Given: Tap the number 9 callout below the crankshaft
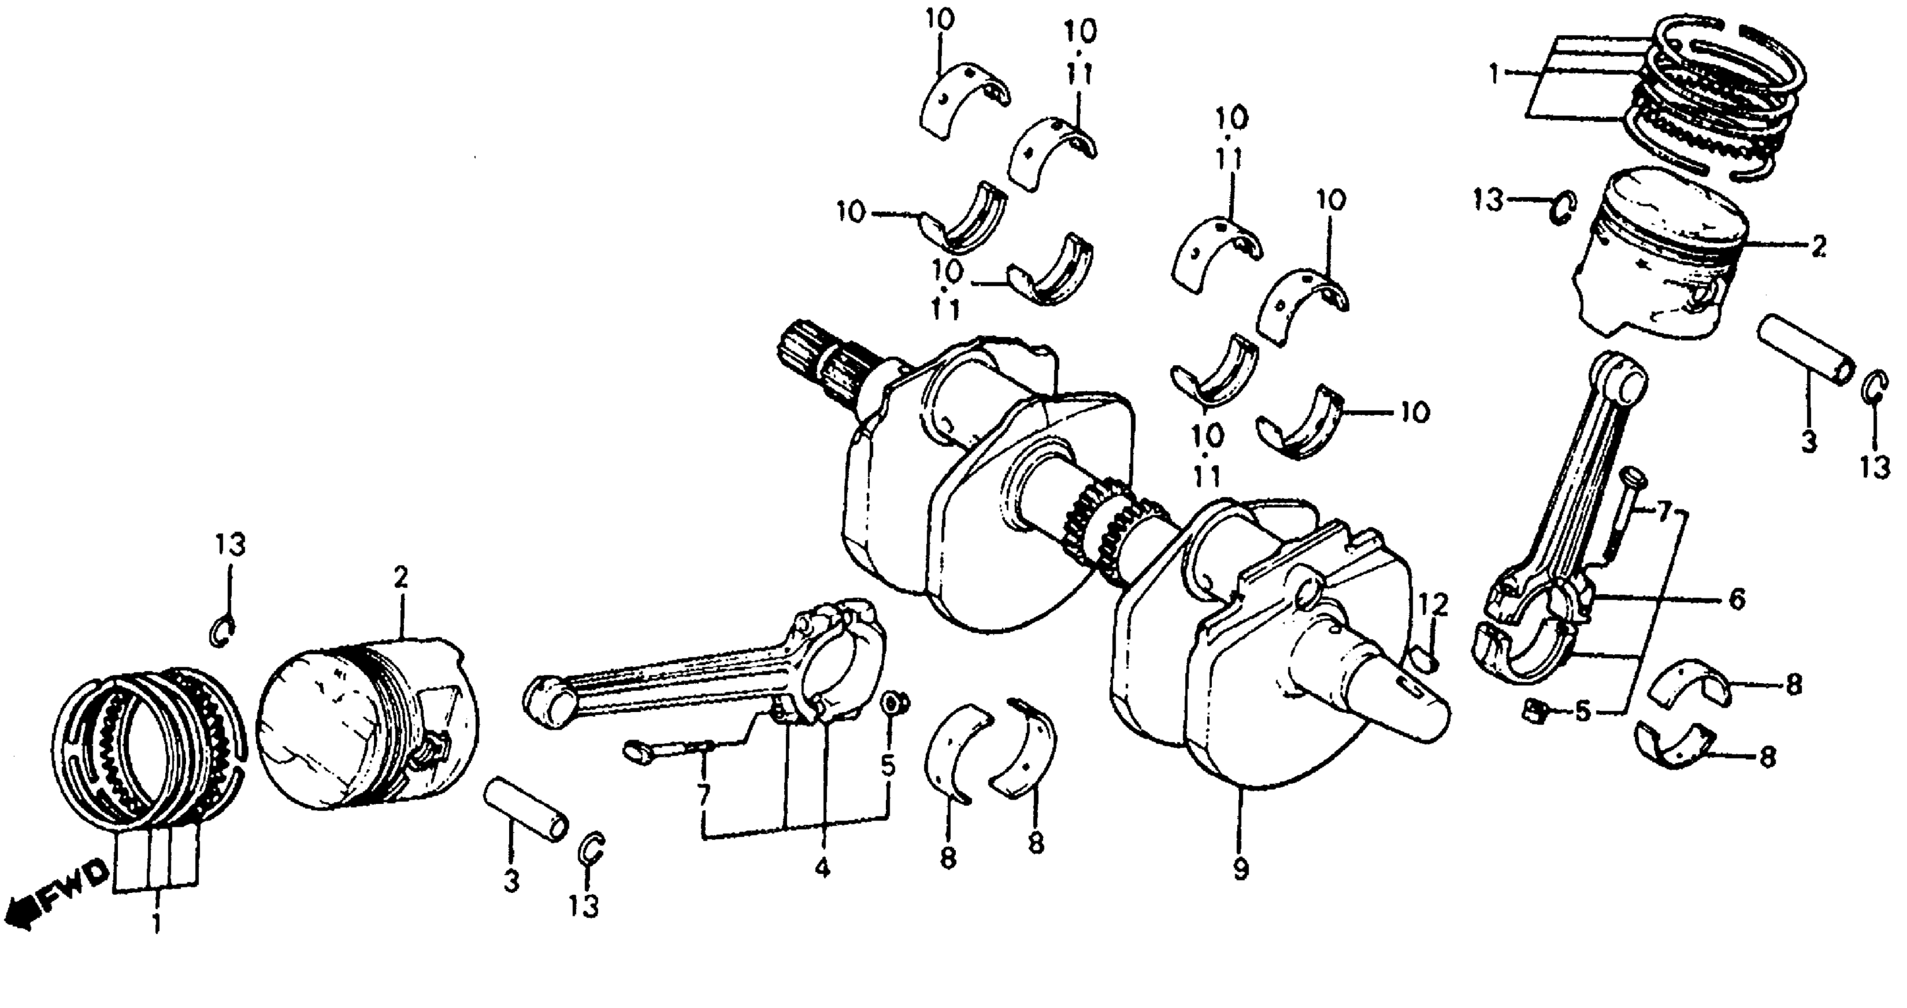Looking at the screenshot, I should (x=1241, y=867).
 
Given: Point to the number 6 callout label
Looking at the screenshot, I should (x=1736, y=598).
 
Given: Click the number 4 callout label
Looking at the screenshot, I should (x=822, y=867).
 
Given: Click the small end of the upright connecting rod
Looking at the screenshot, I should (x=1621, y=378).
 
